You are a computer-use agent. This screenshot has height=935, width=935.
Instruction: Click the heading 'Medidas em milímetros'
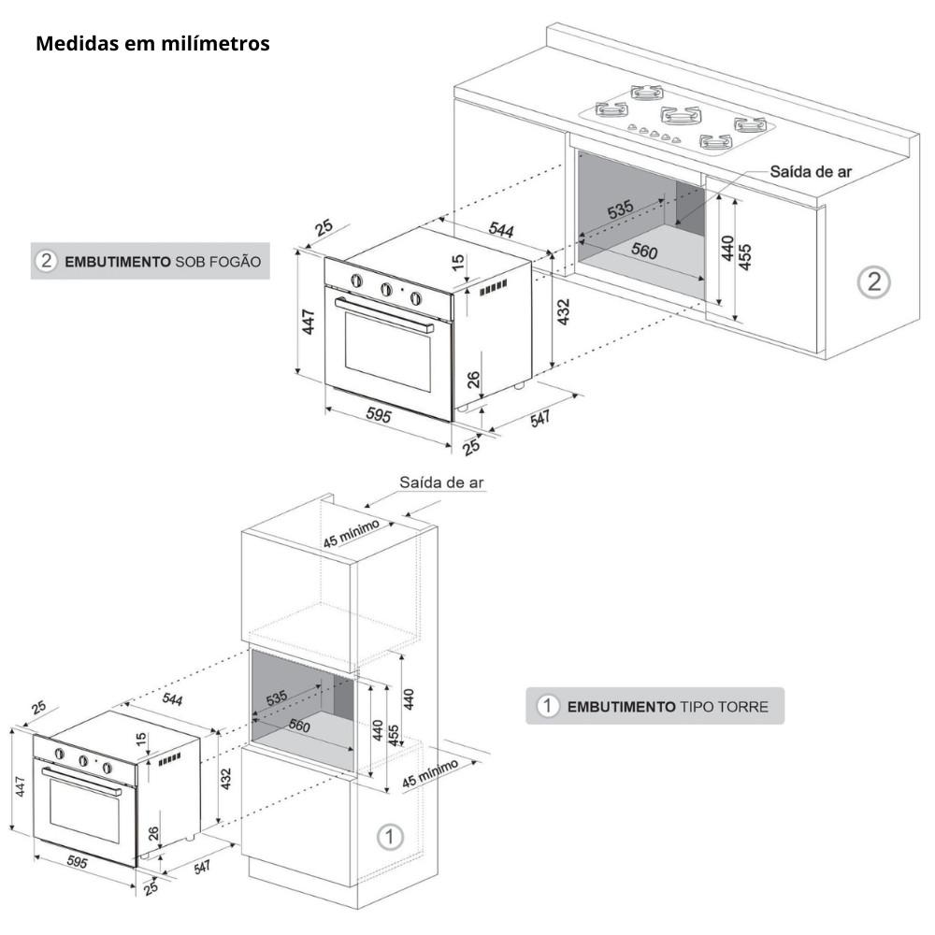tap(152, 44)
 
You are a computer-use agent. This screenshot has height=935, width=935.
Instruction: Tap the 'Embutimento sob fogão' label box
tap(150, 261)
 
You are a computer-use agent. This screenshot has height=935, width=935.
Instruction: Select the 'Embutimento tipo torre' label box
tap(654, 706)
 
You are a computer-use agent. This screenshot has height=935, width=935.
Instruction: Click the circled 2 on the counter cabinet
tap(873, 281)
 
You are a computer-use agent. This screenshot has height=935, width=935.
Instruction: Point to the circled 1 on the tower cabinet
tap(390, 836)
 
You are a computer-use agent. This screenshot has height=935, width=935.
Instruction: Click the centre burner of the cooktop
tap(681, 115)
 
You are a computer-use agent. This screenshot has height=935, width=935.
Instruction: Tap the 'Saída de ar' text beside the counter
tap(811, 172)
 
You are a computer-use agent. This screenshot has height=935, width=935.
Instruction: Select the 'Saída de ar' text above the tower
tap(441, 482)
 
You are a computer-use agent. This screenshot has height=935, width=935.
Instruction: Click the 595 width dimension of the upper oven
tap(378, 416)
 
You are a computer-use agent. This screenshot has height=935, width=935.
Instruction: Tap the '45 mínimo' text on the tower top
tap(352, 534)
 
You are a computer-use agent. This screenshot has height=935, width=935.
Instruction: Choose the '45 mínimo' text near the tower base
tap(430, 773)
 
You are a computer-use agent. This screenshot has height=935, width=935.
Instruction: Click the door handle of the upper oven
tap(383, 315)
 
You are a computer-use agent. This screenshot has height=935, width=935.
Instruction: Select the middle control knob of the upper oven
tap(386, 290)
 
